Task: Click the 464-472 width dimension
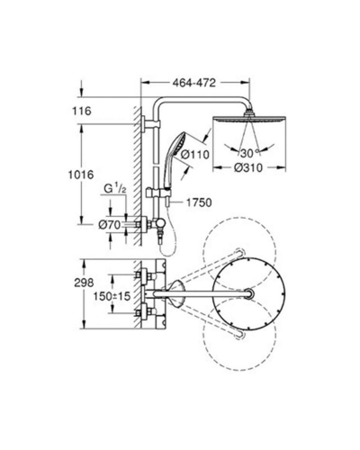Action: pos(194,83)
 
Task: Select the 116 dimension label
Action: pos(81,111)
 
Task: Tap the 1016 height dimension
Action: pos(81,175)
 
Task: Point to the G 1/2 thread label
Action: pos(115,189)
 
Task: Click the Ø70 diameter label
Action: pos(110,224)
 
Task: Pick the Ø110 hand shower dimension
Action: pos(195,155)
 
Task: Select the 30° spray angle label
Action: pos(249,153)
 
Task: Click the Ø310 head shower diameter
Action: pos(248,168)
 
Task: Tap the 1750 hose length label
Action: pos(199,202)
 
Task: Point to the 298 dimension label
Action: pos(84,283)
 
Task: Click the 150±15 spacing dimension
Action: pos(112,296)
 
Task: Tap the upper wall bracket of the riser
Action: pos(151,123)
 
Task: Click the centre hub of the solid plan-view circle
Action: pos(249,293)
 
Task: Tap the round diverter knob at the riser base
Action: pos(159,223)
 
